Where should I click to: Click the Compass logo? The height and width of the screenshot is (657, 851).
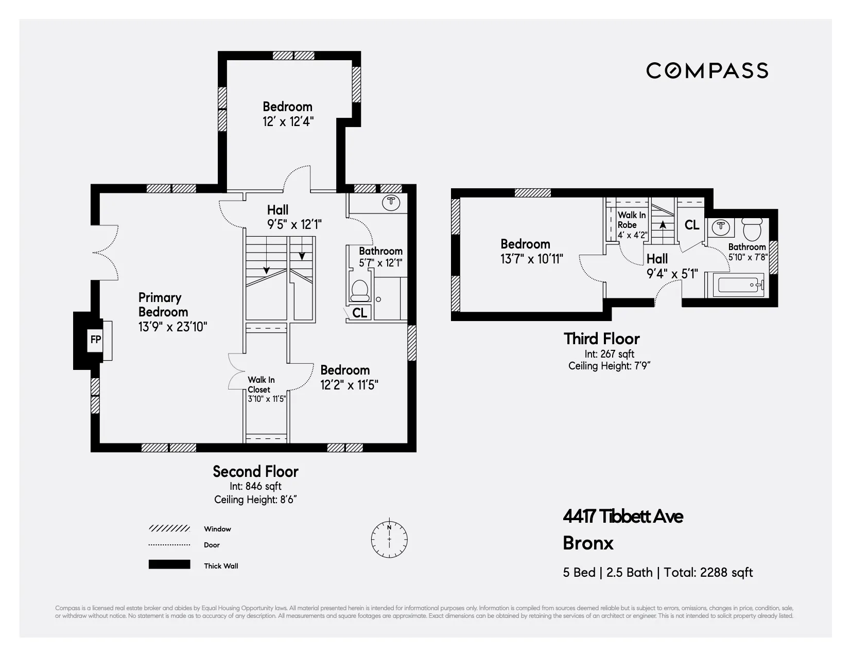pyautogui.click(x=707, y=70)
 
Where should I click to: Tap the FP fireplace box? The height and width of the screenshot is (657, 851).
pyautogui.click(x=96, y=339)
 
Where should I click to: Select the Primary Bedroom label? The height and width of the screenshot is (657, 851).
pyautogui.click(x=163, y=305)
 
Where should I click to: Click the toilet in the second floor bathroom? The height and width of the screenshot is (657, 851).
pyautogui.click(x=359, y=291)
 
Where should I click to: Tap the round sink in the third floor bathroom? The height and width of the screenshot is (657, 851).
pyautogui.click(x=721, y=226)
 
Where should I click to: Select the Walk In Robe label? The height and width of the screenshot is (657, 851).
pyautogui.click(x=631, y=220)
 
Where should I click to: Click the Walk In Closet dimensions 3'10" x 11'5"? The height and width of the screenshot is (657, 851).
pyautogui.click(x=267, y=398)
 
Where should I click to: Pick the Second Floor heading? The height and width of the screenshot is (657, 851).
pyautogui.click(x=255, y=471)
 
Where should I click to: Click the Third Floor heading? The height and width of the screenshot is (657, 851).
pyautogui.click(x=601, y=339)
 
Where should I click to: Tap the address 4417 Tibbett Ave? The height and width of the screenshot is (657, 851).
pyautogui.click(x=622, y=516)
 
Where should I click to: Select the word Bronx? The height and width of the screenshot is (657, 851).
pyautogui.click(x=588, y=543)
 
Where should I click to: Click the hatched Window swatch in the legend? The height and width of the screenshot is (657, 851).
pyautogui.click(x=169, y=528)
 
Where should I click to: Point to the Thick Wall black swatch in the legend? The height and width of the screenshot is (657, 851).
pyautogui.click(x=169, y=564)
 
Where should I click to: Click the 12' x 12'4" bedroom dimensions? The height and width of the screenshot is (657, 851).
pyautogui.click(x=288, y=121)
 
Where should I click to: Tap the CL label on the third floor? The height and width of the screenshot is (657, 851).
pyautogui.click(x=691, y=225)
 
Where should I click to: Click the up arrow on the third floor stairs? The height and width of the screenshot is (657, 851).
pyautogui.click(x=663, y=225)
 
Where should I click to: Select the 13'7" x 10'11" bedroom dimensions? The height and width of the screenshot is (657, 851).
pyautogui.click(x=532, y=258)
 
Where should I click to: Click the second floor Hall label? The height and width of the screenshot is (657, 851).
pyautogui.click(x=277, y=210)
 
